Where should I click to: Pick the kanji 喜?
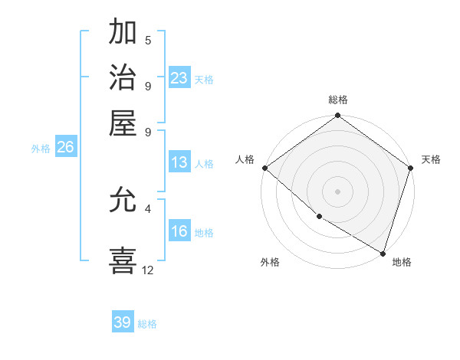tap(123, 260)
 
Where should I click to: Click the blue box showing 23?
tap(179, 78)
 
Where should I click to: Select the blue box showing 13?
tap(179, 162)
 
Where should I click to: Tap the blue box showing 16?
tap(179, 232)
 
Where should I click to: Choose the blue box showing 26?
tap(65, 148)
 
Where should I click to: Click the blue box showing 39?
tap(123, 322)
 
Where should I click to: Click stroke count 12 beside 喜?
tap(148, 270)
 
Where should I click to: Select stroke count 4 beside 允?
tap(148, 208)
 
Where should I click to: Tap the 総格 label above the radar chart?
tap(338, 100)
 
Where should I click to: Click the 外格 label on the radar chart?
tap(270, 263)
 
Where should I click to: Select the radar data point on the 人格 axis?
tap(264, 168)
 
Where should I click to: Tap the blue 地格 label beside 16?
tap(204, 233)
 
